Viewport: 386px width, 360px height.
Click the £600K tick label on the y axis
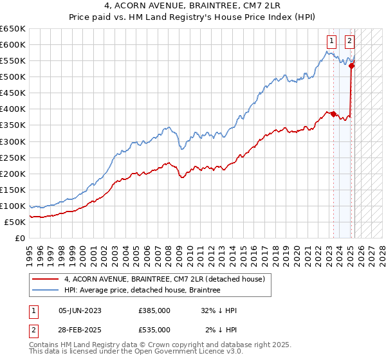[13, 44]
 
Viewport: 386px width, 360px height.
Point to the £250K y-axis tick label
[13, 157]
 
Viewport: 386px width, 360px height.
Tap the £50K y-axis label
[15, 222]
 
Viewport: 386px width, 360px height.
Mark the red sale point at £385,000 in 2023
[333, 114]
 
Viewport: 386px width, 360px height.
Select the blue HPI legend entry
[142, 291]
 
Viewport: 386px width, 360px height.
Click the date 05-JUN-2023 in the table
[80, 310]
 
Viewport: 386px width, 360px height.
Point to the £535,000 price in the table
[154, 330]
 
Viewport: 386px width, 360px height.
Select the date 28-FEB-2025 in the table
[80, 330]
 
